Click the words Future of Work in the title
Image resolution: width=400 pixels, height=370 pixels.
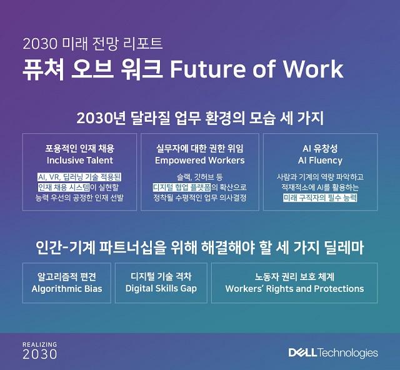257,69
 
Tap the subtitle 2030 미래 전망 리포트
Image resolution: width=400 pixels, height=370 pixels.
92,43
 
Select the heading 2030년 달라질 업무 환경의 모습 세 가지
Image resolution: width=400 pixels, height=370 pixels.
200,118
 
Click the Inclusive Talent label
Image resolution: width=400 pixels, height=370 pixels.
80,160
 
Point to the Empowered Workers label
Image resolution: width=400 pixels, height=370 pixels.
200,160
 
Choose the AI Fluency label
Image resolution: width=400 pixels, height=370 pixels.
320,160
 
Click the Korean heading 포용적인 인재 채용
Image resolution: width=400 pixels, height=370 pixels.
80,149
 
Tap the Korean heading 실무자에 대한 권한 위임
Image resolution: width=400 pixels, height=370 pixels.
200,149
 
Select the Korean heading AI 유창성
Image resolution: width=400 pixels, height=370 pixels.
320,149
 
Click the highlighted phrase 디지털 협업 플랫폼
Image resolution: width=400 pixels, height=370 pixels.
182,187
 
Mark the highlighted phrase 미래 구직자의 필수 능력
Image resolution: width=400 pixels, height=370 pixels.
320,197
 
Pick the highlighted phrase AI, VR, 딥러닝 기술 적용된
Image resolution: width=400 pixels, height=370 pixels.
79,177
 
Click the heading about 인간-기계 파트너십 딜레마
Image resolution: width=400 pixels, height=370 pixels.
200,247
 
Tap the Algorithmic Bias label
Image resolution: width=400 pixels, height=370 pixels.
67,289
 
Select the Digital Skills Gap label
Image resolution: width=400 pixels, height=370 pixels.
161,289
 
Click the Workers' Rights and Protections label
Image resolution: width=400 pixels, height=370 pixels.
294,289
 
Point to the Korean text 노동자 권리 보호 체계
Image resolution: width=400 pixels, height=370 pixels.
294,277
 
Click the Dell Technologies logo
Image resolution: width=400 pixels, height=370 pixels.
333,353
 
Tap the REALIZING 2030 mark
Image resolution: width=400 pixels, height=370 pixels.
40,351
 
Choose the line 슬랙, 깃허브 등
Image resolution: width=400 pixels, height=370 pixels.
200,177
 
